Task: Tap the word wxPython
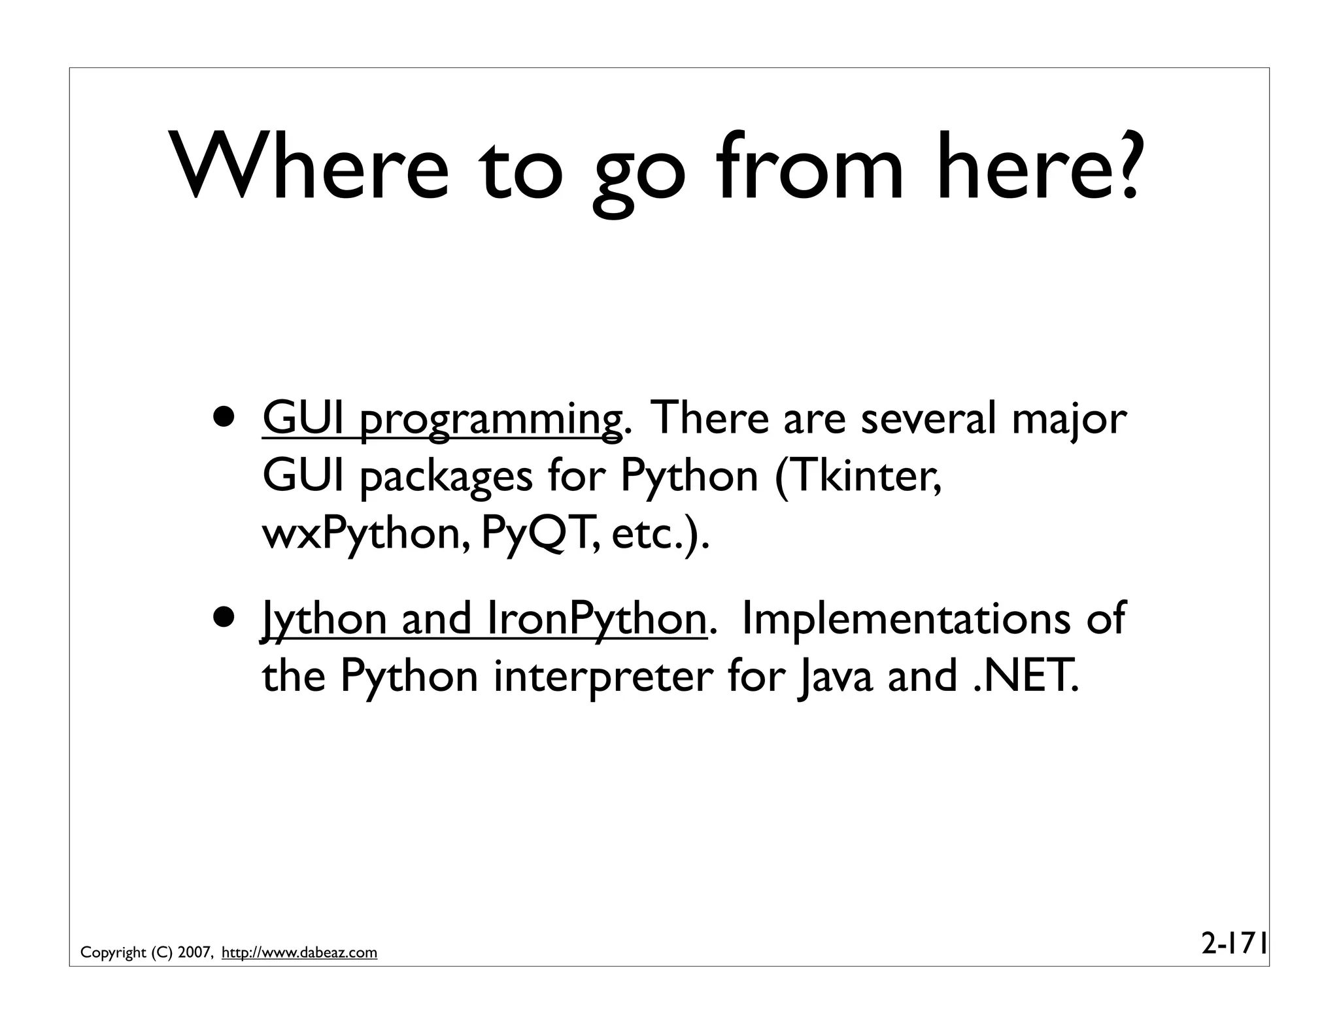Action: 365,535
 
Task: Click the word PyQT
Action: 539,535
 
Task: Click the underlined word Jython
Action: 324,620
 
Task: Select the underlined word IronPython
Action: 596,620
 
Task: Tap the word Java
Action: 835,677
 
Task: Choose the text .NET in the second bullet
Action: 1024,677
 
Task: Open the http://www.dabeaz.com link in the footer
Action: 299,952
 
